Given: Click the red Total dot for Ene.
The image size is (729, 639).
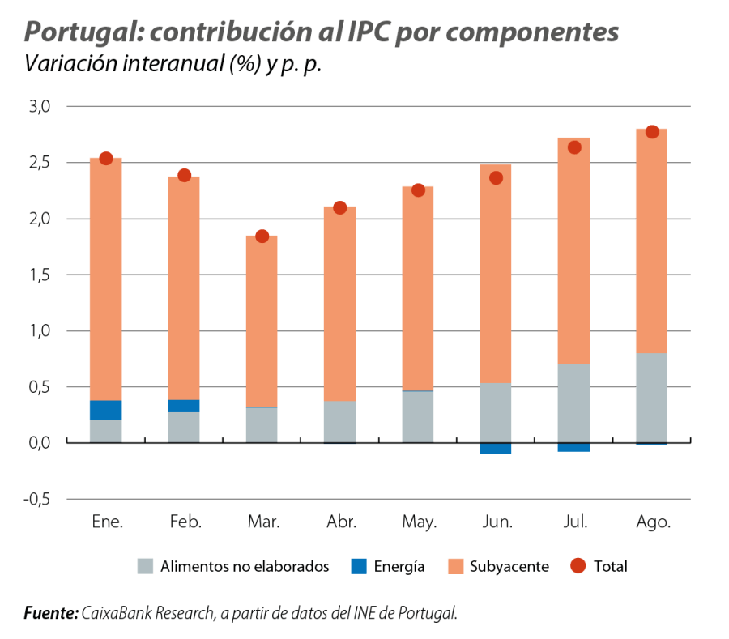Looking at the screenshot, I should click(x=105, y=158).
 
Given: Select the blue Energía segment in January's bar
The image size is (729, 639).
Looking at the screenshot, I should click(x=105, y=410).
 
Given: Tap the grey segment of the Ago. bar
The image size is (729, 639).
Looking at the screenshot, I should click(x=651, y=397).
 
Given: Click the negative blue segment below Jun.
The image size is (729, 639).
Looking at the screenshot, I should click(x=495, y=449).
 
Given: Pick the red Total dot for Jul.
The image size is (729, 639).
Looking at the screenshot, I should click(x=573, y=147).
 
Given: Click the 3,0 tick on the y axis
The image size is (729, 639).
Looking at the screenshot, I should click(x=39, y=106).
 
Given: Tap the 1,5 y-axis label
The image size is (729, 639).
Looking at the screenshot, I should click(x=39, y=275).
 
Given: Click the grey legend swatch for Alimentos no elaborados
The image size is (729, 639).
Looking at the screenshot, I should click(x=146, y=566).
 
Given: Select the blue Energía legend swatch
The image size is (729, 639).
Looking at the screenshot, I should click(x=358, y=566).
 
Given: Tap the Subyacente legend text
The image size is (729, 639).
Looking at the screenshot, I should click(x=509, y=567).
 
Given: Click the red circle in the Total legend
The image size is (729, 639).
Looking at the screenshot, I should click(x=578, y=566).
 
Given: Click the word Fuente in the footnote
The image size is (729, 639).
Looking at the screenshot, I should click(x=50, y=613).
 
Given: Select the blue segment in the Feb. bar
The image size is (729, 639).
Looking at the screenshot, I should click(x=183, y=406).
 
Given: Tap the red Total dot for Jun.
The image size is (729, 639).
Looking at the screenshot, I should click(x=496, y=177).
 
